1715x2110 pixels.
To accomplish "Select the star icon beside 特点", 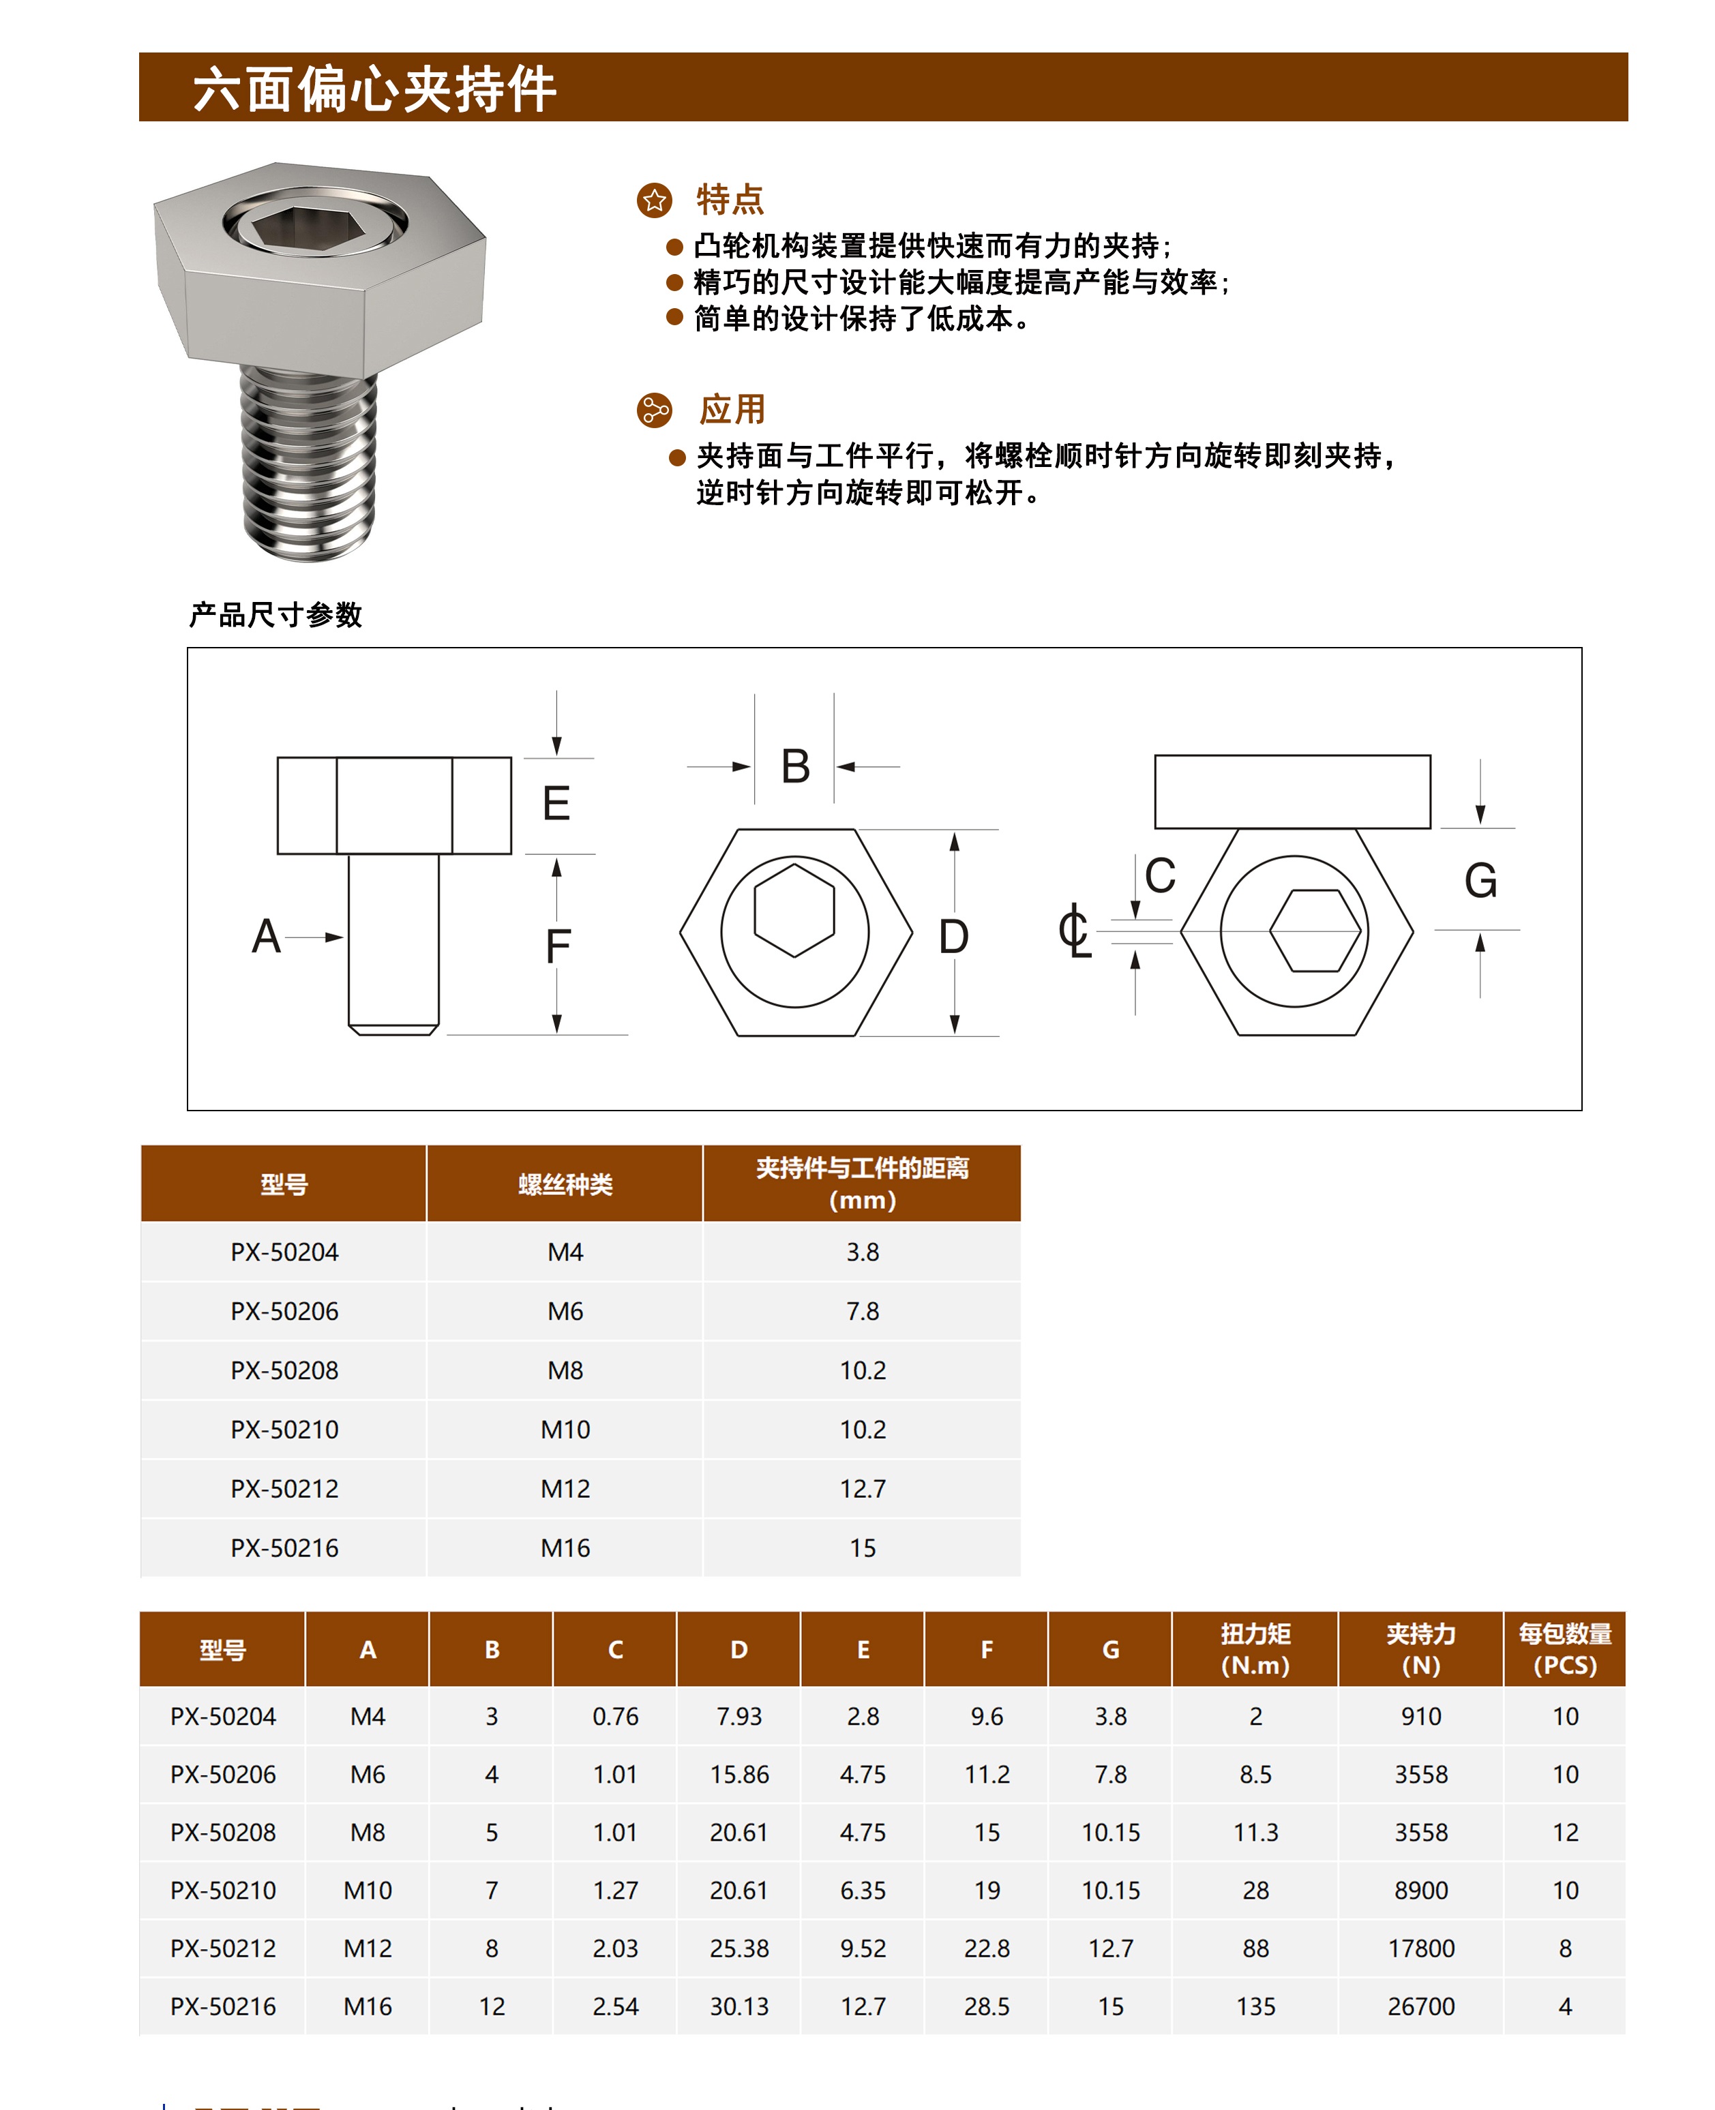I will tap(654, 200).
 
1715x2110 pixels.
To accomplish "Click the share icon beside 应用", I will tap(654, 410).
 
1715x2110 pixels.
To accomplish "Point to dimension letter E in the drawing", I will tap(556, 803).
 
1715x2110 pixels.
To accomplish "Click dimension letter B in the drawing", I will tap(795, 766).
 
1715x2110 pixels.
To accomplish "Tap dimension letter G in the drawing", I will tap(1480, 880).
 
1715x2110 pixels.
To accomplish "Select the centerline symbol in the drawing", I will tap(1074, 929).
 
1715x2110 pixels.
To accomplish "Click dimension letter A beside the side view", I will tap(266, 935).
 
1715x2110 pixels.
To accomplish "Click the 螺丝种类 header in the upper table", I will tap(565, 1184).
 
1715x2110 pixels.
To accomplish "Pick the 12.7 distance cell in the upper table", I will tap(863, 1489).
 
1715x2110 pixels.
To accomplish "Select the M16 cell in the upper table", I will tap(565, 1548).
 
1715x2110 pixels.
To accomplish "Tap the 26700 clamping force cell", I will tap(1420, 2006).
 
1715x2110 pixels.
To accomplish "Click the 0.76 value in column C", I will tap(616, 1717).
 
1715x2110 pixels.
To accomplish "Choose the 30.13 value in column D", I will tap(739, 2006).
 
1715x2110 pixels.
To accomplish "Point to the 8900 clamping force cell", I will tap(1420, 1890).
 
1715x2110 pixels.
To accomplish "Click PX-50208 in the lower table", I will tap(223, 1833).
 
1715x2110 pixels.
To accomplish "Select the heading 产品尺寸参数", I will tap(275, 616).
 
